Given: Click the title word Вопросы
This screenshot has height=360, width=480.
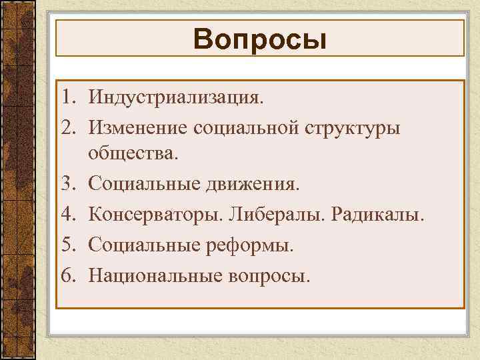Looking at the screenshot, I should [260, 39].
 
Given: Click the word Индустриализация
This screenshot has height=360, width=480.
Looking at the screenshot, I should [176, 99].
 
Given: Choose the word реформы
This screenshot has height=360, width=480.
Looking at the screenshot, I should [250, 246].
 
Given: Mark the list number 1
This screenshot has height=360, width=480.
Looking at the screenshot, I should [69, 99].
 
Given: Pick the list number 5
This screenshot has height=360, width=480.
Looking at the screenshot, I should [69, 246].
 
